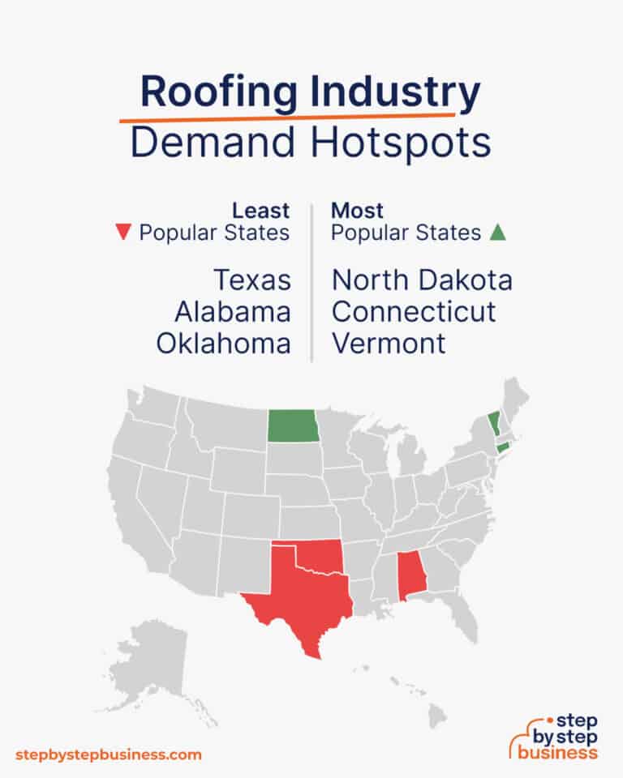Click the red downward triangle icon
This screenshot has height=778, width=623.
point(123,233)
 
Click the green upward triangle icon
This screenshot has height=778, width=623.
point(498,233)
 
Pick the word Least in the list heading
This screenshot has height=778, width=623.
point(261,211)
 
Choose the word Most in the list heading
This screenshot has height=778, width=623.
point(358,211)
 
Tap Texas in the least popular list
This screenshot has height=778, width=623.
point(251,280)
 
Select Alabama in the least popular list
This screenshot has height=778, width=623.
point(233,311)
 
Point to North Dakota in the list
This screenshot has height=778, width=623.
point(422,280)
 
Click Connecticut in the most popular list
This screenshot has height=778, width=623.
point(414,311)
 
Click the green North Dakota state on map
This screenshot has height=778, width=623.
point(293,425)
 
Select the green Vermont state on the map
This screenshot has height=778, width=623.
point(494,423)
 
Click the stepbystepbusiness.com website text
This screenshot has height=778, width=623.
point(108,754)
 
